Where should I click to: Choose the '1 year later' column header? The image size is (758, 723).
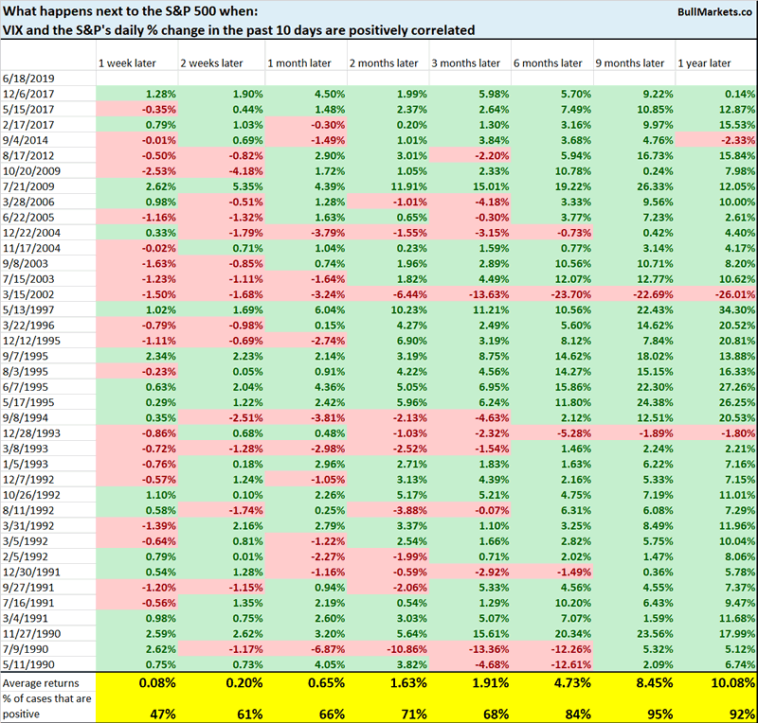pos(704,63)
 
